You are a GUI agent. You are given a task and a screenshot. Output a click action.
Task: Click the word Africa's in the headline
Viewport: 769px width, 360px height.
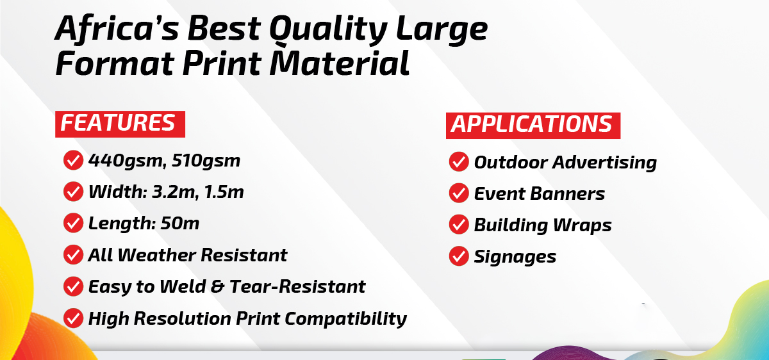pyautogui.click(x=117, y=29)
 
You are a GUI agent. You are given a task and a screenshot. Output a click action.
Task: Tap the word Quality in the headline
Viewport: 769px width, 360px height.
pyautogui.click(x=329, y=29)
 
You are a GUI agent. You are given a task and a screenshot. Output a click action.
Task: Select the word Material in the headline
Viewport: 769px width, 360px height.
pyautogui.click(x=339, y=63)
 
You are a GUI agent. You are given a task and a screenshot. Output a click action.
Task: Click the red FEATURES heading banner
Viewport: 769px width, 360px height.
pyautogui.click(x=120, y=124)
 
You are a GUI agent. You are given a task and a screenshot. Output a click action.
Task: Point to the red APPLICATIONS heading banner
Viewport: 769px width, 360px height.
pyautogui.click(x=533, y=126)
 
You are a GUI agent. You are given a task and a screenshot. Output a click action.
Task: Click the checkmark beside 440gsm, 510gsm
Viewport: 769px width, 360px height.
pyautogui.click(x=73, y=160)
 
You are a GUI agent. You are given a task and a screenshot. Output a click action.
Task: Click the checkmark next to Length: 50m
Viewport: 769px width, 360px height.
pyautogui.click(x=73, y=223)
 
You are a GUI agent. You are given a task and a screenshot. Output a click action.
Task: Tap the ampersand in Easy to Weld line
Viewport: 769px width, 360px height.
pyautogui.click(x=217, y=286)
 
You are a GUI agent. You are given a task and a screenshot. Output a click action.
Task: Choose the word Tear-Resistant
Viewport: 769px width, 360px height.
pyautogui.click(x=297, y=286)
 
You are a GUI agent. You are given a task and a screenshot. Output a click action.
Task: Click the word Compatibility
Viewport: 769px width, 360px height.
pyautogui.click(x=345, y=319)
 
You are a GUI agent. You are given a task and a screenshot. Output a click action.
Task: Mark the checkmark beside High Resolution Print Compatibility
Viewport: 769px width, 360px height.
pyautogui.click(x=73, y=318)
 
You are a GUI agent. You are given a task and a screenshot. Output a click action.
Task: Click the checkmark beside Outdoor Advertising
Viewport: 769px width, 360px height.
pyautogui.click(x=459, y=161)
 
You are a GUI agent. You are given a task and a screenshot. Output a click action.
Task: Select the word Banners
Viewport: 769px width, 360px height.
pyautogui.click(x=568, y=193)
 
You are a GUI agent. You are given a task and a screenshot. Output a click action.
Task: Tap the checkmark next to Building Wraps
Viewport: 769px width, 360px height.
pyautogui.click(x=459, y=224)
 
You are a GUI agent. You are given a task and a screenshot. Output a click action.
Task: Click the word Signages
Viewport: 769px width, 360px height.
pyautogui.click(x=515, y=257)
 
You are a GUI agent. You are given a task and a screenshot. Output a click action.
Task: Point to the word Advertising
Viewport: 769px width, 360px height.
pyautogui.click(x=604, y=162)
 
